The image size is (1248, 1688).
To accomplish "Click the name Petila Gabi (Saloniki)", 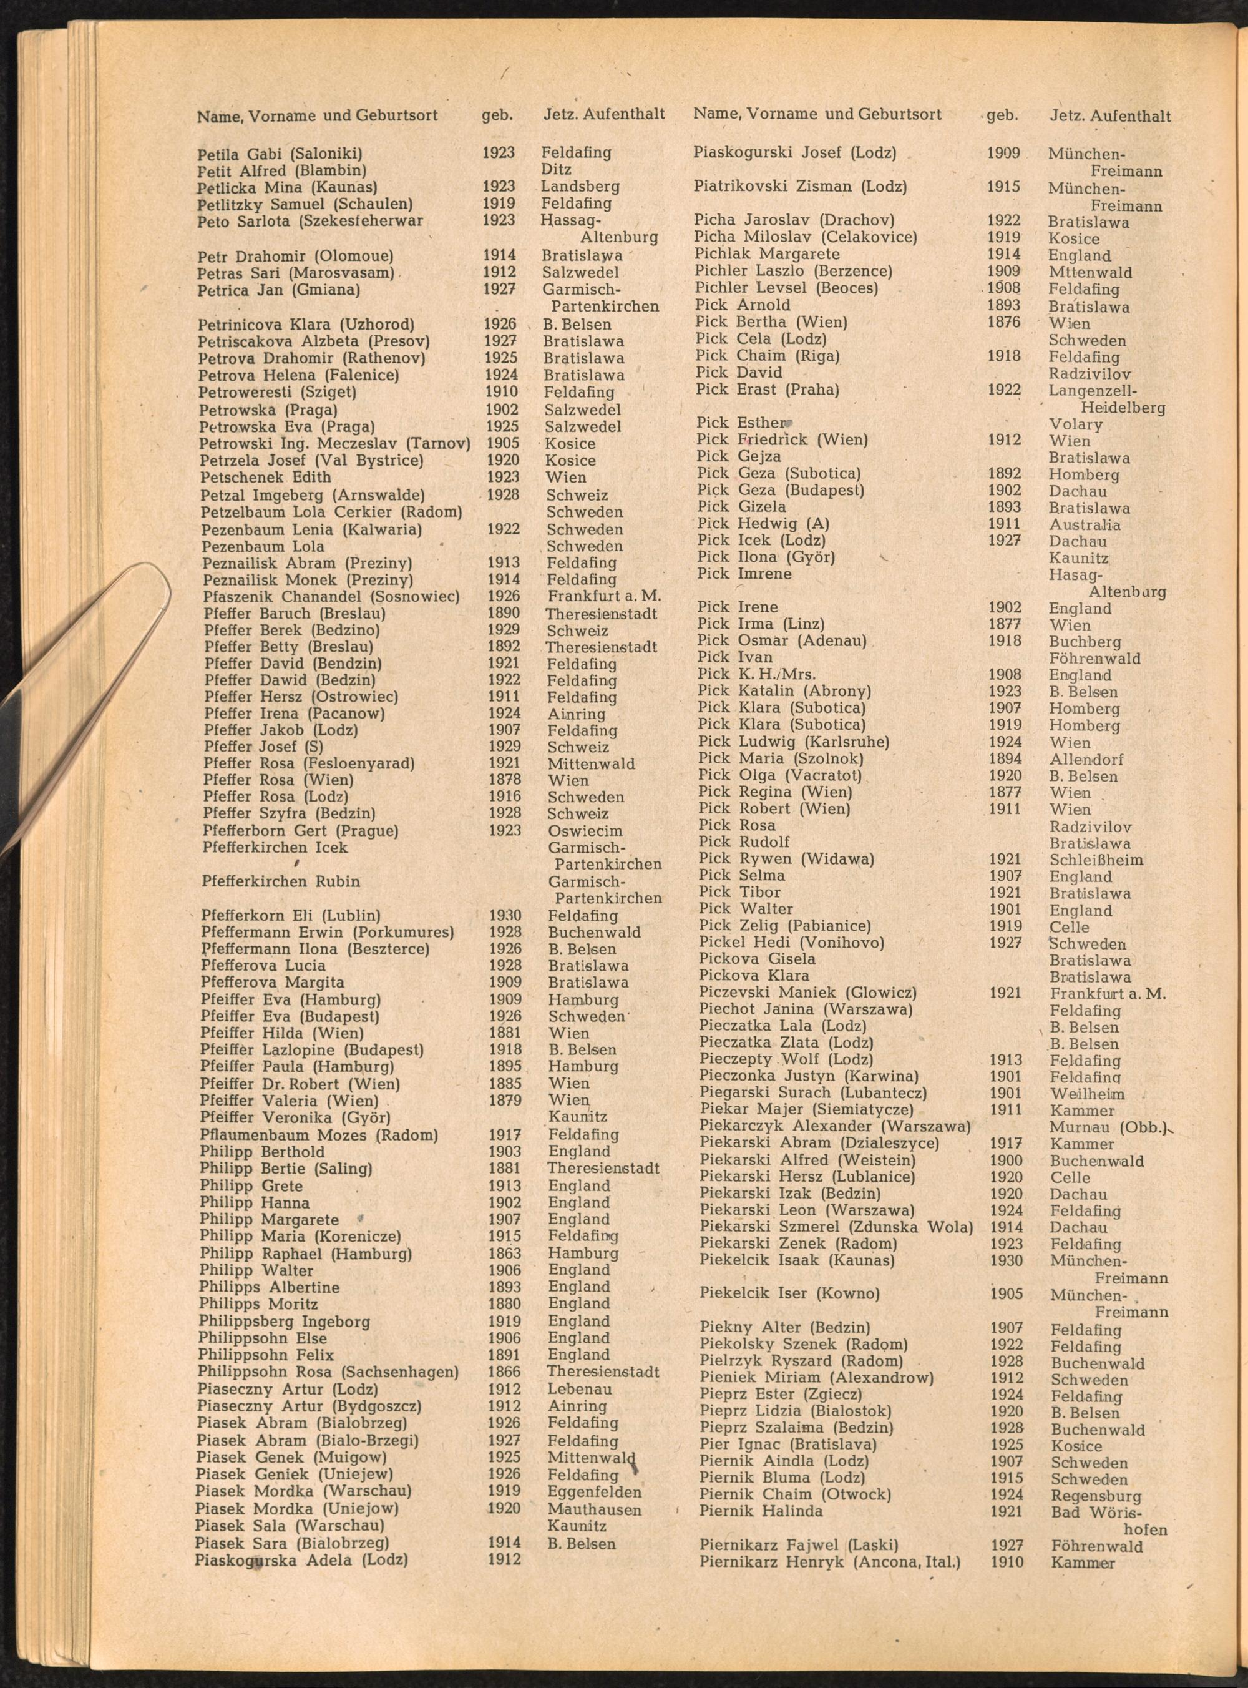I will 280,154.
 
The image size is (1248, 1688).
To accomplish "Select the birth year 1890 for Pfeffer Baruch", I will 503,613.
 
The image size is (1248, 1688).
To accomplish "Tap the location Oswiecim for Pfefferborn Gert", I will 585,830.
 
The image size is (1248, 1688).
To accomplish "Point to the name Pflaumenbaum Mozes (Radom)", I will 319,1135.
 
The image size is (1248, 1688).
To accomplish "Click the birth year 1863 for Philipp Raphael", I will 504,1253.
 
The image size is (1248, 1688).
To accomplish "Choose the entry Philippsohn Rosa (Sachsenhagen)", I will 328,1371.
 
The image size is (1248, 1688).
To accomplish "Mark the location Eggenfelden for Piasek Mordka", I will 595,1491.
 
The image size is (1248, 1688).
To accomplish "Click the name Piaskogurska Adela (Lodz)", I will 301,1559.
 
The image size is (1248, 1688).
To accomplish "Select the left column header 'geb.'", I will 497,115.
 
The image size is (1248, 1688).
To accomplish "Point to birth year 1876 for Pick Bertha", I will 1004,322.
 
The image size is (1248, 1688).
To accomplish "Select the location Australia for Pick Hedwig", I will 1084,524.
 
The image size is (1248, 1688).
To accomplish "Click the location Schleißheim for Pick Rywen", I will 1095,860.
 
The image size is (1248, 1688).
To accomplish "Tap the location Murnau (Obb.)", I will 1108,1127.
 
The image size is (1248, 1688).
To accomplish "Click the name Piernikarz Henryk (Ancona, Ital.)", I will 829,1562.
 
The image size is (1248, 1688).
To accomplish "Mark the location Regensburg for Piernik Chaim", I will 1095,1495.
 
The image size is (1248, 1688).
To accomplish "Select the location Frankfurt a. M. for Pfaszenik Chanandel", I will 603,596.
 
